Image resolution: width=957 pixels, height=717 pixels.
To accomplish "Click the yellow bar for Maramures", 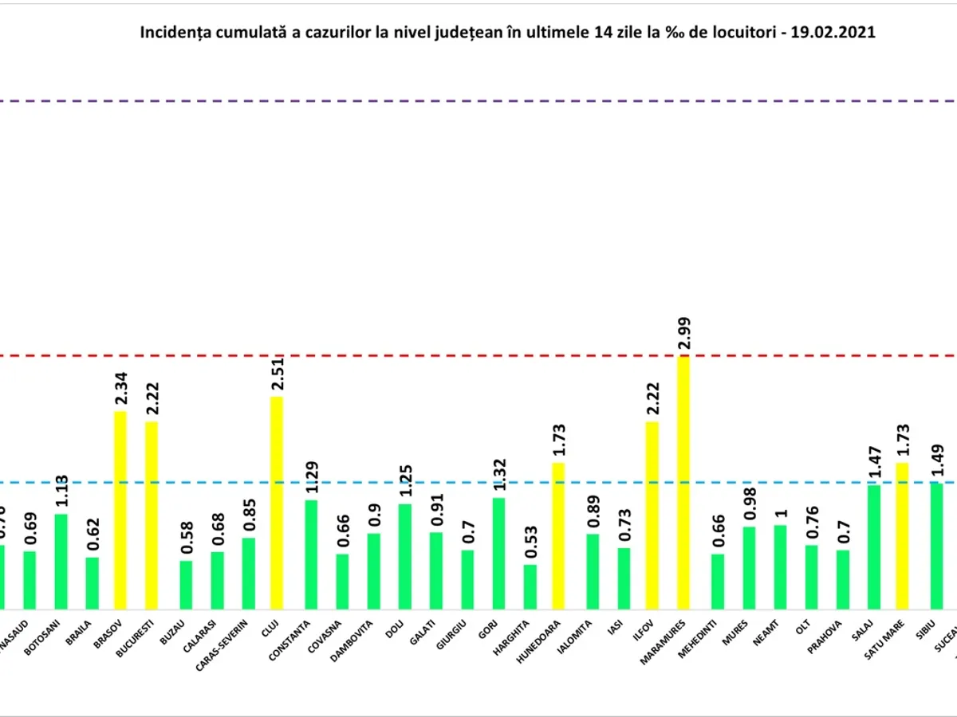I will (683, 483).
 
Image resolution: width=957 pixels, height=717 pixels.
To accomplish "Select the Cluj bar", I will (277, 503).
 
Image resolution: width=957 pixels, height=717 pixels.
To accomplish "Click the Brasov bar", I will (120, 510).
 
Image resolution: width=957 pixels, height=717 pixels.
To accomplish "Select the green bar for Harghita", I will (530, 587).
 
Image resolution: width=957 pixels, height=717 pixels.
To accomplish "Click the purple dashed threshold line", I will (478, 101).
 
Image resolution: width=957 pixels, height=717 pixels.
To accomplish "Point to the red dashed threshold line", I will (478, 355).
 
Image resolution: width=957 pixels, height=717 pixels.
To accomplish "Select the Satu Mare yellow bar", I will (902, 536).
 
